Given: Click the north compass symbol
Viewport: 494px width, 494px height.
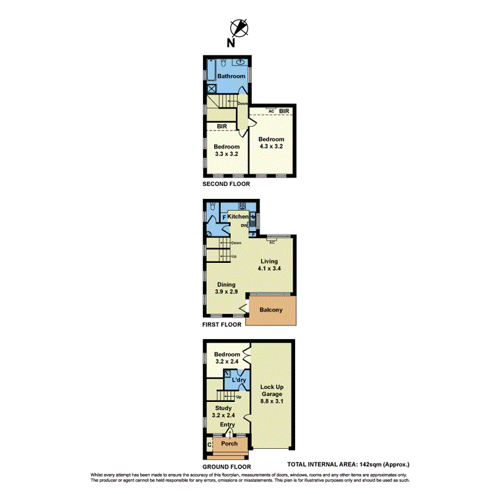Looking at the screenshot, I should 239,28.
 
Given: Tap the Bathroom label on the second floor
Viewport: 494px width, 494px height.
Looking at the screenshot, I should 232,76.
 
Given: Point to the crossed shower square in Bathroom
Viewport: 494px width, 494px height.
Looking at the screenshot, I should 212,88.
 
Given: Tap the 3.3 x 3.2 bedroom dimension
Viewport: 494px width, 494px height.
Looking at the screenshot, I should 226,154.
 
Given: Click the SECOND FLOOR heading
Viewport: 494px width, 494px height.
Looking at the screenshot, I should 226,184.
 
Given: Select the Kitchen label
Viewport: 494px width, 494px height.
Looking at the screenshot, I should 238,217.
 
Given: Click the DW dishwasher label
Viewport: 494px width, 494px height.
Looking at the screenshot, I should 244,226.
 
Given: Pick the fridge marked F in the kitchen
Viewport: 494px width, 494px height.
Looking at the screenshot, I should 224,217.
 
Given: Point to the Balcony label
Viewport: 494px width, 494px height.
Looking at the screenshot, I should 271,310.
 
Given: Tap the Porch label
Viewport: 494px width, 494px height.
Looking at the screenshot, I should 229,443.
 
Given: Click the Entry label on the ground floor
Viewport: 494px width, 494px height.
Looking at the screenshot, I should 227,424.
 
